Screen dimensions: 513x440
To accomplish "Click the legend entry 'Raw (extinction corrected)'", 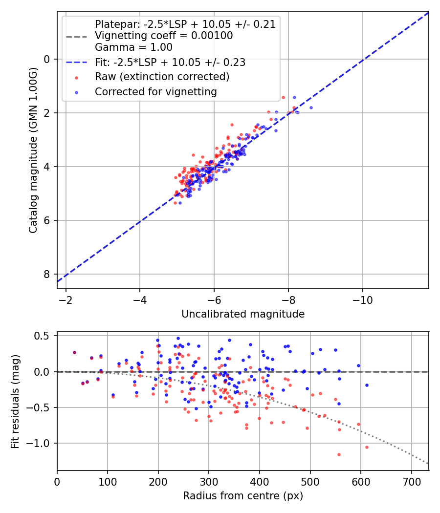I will click(x=162, y=77).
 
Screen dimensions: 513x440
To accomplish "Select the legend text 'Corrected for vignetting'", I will click(x=155, y=91).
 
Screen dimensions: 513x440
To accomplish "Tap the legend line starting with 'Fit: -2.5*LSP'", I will click(x=170, y=62).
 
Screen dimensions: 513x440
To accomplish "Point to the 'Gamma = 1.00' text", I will click(x=133, y=47).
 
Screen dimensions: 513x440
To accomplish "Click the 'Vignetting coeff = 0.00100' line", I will click(x=163, y=36).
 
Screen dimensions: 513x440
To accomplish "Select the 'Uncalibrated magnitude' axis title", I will click(x=243, y=314).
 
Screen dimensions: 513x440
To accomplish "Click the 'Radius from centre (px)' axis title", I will click(x=243, y=496).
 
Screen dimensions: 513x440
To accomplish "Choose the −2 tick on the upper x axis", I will click(x=66, y=297).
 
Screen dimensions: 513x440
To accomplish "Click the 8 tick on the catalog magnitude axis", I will click(x=47, y=274).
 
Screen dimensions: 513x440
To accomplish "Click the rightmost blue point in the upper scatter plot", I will click(x=311, y=107).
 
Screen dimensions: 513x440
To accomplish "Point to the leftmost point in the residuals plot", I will click(x=74, y=352).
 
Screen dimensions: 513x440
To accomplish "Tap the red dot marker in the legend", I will click(x=76, y=77).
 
